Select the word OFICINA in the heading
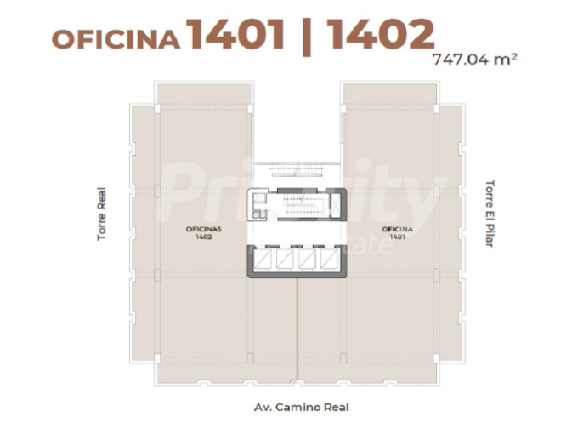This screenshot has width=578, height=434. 116,39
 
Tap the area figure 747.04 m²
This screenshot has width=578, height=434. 475,60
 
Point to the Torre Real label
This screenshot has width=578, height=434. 101,213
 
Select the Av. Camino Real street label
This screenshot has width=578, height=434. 301,407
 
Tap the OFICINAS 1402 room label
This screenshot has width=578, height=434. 203,232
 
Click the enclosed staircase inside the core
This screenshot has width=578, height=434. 301,205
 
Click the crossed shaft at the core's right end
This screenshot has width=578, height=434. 336,205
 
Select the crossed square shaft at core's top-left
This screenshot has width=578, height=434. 259,199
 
